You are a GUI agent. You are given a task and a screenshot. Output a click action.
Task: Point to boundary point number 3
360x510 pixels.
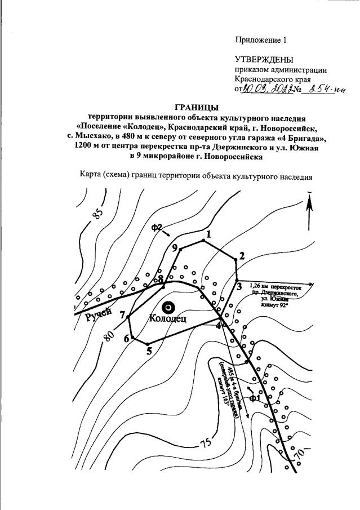click(237, 280)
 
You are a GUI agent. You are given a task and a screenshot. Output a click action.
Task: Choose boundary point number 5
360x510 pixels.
click(147, 344)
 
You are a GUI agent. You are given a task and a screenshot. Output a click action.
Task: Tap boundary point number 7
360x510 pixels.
click(129, 317)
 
